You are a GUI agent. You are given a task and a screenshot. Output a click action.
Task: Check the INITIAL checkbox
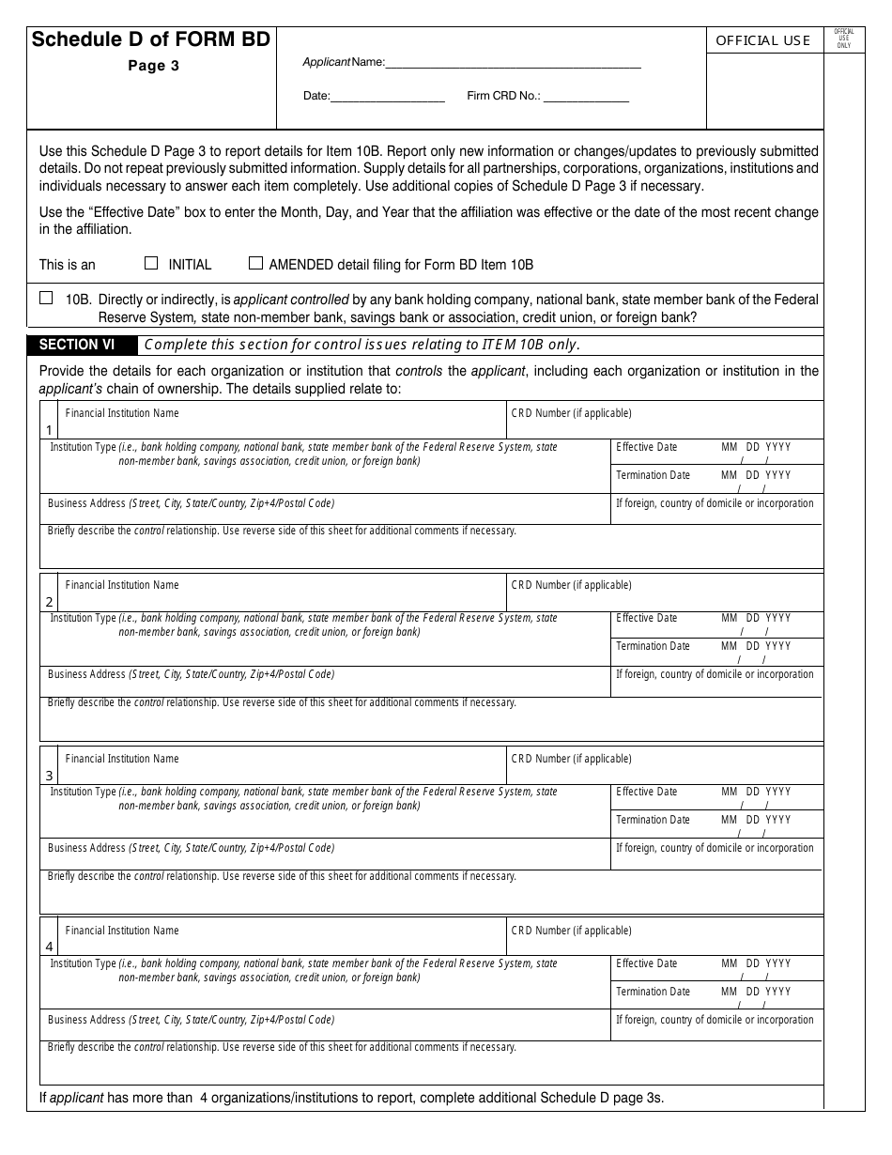tap(151, 264)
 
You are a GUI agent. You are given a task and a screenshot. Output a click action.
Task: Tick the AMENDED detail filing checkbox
tap(255, 264)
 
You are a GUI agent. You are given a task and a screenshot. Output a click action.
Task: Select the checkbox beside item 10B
tap(46, 299)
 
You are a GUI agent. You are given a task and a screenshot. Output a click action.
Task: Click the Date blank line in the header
tap(388, 96)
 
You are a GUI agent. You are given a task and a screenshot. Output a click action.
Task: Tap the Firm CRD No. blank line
tap(586, 96)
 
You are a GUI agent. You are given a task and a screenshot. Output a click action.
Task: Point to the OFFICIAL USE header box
tap(763, 40)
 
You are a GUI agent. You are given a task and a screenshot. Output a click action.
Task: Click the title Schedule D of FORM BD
tap(151, 39)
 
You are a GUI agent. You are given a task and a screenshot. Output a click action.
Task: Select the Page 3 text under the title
tap(153, 66)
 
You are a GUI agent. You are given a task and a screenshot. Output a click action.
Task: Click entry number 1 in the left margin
tap(49, 431)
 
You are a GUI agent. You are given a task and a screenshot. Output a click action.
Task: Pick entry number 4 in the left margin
tap(49, 947)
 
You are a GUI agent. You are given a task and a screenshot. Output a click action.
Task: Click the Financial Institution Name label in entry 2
tap(122, 585)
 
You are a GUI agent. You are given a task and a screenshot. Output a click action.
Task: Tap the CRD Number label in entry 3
tap(571, 759)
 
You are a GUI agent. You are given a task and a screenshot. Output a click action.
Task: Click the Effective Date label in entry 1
tap(646, 447)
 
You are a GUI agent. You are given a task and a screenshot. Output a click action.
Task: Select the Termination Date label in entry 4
tap(653, 992)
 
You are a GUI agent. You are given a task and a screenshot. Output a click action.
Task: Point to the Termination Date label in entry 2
tap(653, 646)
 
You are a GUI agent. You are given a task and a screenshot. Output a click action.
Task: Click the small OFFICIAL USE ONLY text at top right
tap(843, 38)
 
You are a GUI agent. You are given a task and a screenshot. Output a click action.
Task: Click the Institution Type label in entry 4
tap(83, 963)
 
